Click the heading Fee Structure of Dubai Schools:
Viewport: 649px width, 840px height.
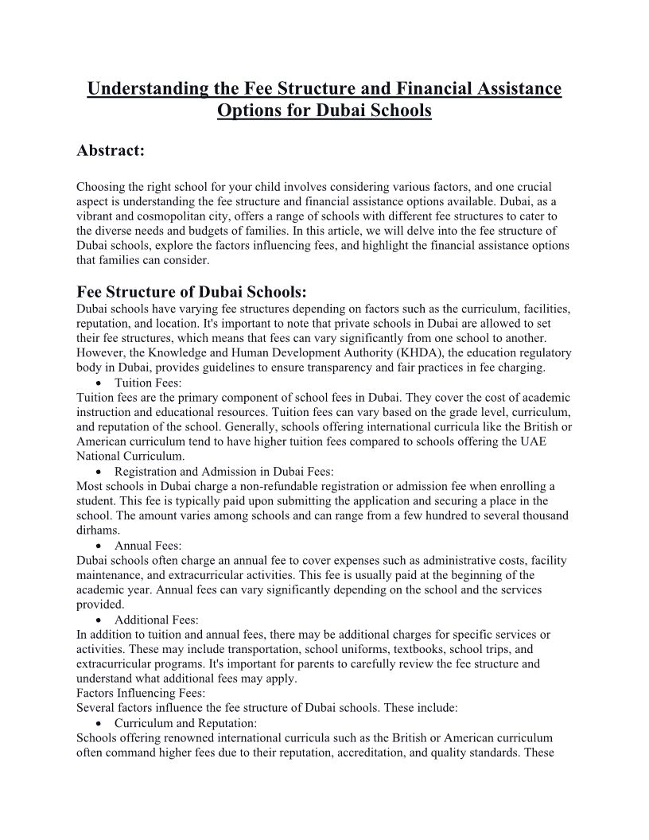click(x=191, y=290)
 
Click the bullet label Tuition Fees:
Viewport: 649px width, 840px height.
click(x=149, y=383)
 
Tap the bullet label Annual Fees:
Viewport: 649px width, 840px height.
click(x=148, y=546)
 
